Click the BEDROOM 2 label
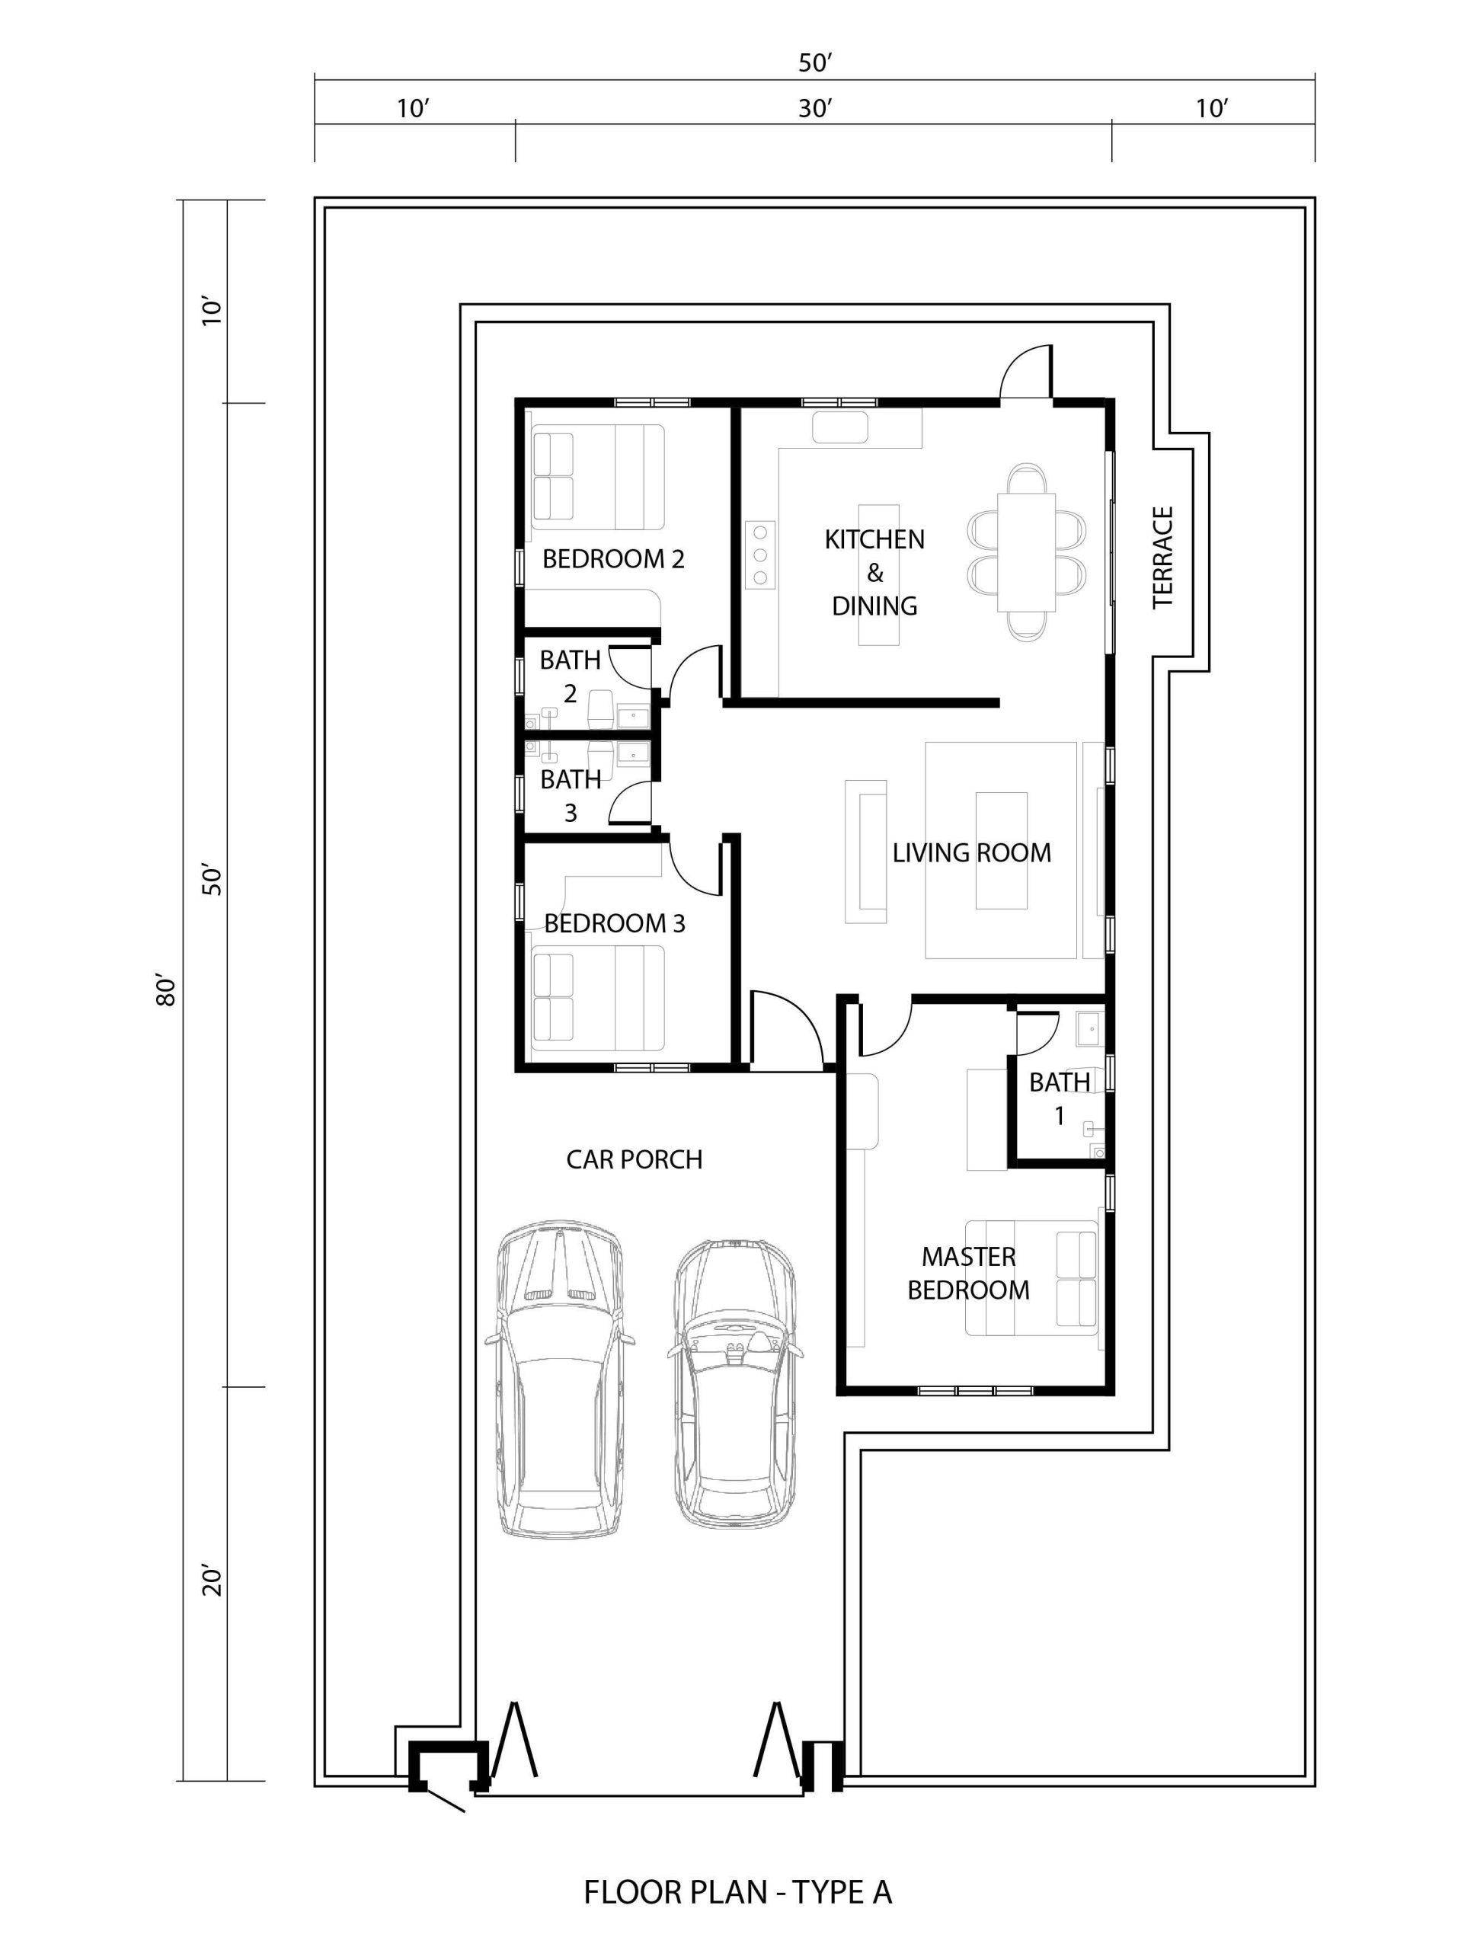pyautogui.click(x=613, y=559)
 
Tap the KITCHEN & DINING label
pyautogui.click(x=874, y=572)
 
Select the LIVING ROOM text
pyautogui.click(x=972, y=852)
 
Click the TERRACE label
pyautogui.click(x=1163, y=557)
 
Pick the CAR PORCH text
pyautogui.click(x=634, y=1159)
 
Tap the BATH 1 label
pyautogui.click(x=1059, y=1098)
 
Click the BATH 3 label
pyautogui.click(x=571, y=795)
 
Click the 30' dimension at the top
pyautogui.click(x=816, y=108)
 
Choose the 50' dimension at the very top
pyautogui.click(x=816, y=62)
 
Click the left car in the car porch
pyautogui.click(x=560, y=1379)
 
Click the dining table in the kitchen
pyautogui.click(x=1026, y=551)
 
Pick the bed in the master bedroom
pyautogui.click(x=1031, y=1277)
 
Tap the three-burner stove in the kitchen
pyautogui.click(x=759, y=555)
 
